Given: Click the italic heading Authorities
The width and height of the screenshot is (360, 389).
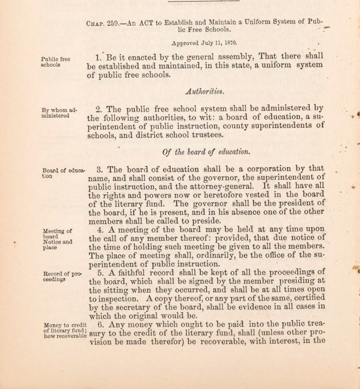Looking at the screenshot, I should (x=205, y=91).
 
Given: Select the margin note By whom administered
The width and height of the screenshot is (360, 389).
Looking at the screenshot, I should (x=59, y=113).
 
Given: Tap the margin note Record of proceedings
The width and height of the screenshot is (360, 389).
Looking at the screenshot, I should (x=62, y=276).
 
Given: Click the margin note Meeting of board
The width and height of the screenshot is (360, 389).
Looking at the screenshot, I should (x=57, y=234).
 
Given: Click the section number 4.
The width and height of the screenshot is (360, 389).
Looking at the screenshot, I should (x=99, y=231).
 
